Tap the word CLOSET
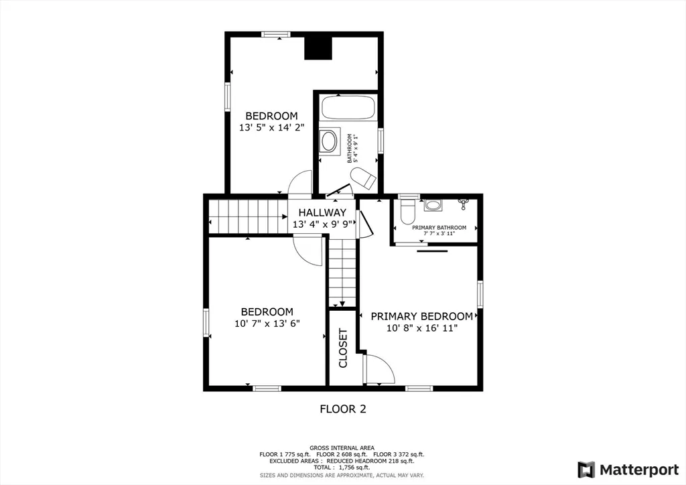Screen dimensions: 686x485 (343, 348)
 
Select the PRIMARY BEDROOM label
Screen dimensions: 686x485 (422, 316)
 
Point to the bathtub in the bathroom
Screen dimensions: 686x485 (348, 107)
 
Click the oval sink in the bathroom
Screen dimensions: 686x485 (329, 141)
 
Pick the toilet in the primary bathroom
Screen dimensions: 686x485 (408, 211)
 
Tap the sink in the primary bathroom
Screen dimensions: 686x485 (433, 205)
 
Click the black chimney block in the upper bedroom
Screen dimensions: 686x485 (318, 48)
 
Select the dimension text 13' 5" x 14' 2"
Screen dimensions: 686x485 (271, 128)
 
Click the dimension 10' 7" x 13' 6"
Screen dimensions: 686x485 (267, 324)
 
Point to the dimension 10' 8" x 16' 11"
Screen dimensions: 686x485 (422, 328)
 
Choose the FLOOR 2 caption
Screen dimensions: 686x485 (343, 409)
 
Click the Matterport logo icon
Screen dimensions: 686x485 (586, 470)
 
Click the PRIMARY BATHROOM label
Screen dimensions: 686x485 (439, 227)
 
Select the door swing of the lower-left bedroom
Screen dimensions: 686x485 (308, 250)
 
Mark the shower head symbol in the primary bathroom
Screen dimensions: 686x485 (462, 202)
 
